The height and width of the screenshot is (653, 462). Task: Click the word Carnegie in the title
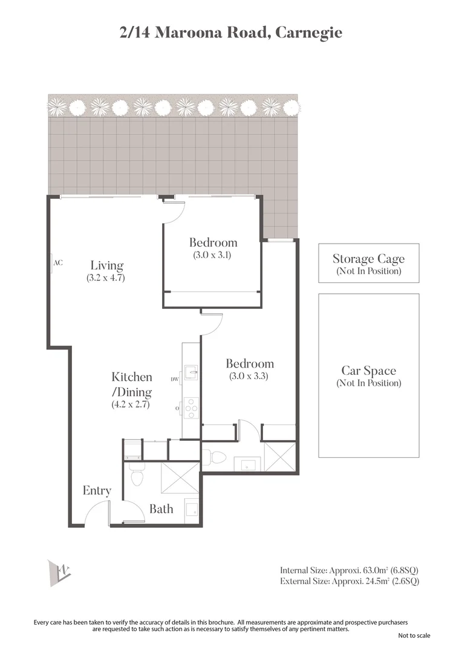pos(308,32)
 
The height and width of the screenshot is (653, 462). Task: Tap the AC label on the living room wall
pos(58,263)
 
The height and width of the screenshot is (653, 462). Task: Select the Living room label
pos(107,265)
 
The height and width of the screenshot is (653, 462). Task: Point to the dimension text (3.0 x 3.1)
pos(213,255)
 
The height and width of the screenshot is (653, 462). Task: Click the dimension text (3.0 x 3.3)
pos(249,376)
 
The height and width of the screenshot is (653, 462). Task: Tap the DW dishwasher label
pos(175,380)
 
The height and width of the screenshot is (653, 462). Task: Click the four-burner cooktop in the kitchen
pos(191,408)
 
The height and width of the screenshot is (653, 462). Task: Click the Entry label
pos(97,490)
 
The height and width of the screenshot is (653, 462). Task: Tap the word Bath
pos(161,509)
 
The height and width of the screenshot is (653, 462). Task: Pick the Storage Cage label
pos(368,259)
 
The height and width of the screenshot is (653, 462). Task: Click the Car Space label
pos(368,371)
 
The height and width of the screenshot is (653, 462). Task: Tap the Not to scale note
pos(414,635)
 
